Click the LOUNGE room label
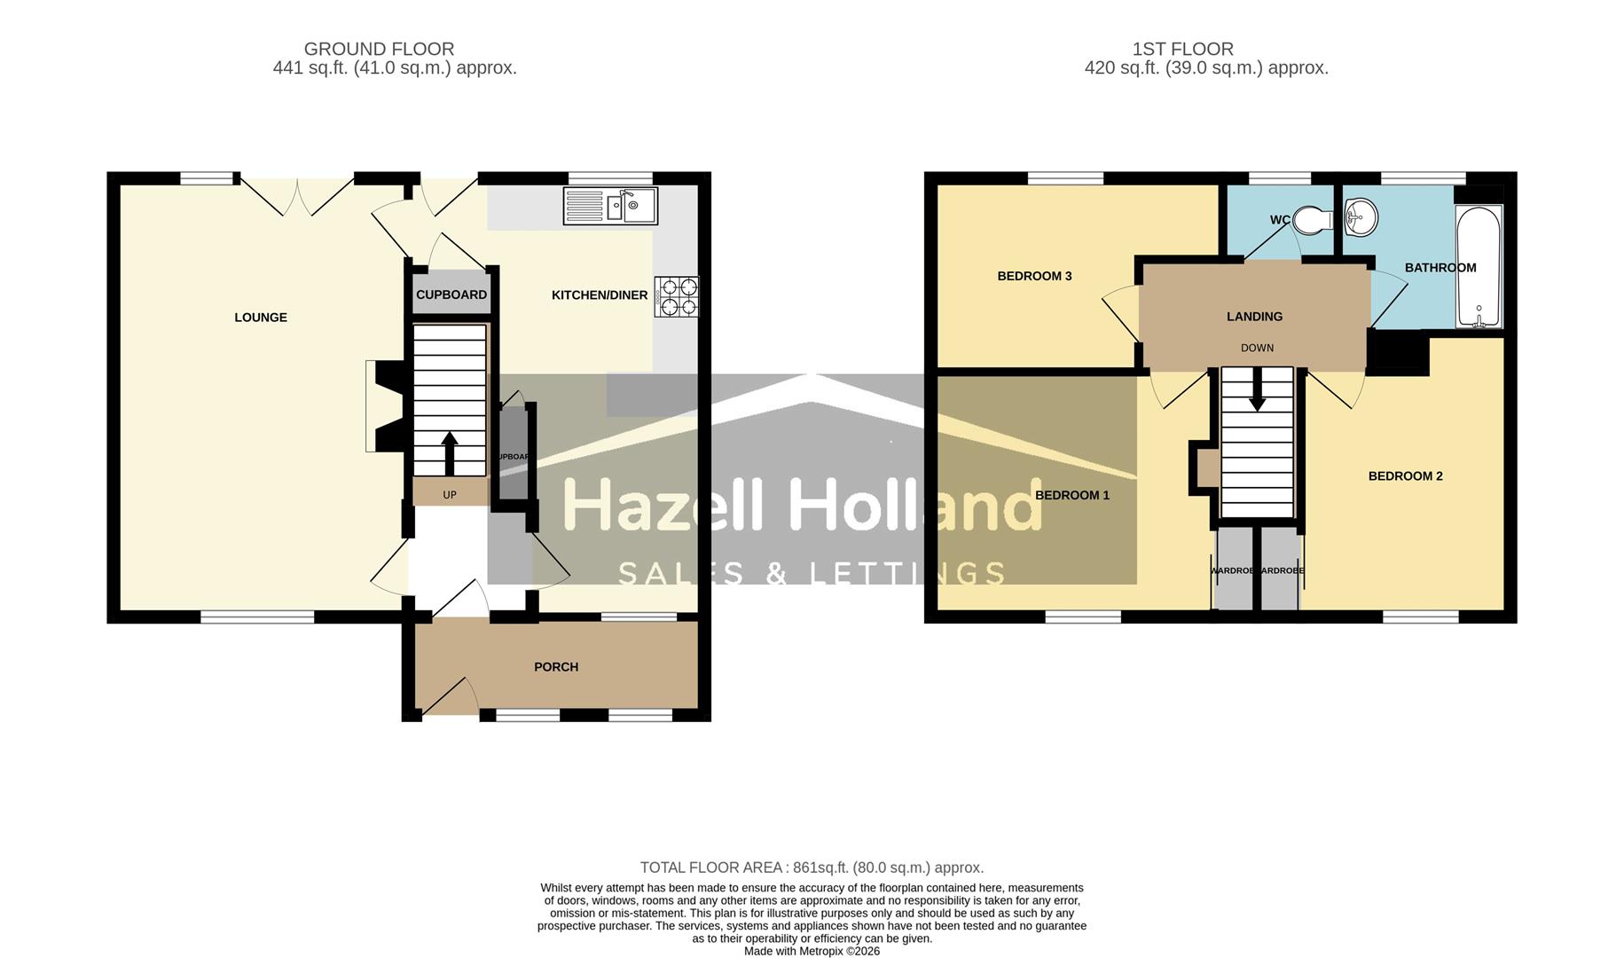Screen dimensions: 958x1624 [260, 318]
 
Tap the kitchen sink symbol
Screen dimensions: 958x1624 [610, 206]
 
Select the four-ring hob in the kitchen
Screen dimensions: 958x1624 [678, 296]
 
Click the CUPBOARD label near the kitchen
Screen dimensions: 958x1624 [451, 294]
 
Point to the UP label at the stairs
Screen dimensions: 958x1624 [450, 495]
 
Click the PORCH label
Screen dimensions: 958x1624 [556, 667]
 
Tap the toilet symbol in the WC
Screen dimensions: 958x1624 [1313, 220]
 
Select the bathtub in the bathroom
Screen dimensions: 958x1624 [1479, 266]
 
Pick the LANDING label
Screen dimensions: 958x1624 [1254, 317]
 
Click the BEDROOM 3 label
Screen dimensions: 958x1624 [1034, 276]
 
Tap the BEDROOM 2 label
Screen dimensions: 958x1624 [1405, 476]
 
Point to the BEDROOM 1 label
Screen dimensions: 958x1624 [1072, 495]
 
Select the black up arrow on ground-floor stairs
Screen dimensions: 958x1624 [450, 452]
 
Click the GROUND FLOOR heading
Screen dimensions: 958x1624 [379, 50]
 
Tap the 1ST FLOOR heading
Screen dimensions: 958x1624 [1182, 50]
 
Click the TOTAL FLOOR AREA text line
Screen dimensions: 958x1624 [812, 868]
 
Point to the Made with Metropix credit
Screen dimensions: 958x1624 [812, 951]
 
